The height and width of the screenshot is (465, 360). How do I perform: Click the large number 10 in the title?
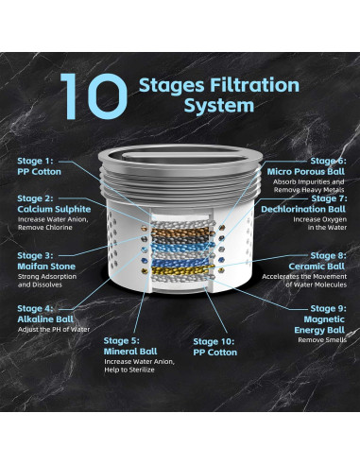click(x=94, y=96)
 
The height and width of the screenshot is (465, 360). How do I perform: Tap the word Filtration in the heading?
click(x=252, y=85)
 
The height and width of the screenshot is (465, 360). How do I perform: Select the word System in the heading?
click(x=219, y=106)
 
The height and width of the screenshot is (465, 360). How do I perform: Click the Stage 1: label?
click(x=35, y=161)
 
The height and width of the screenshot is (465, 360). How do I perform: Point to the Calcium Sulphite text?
click(x=54, y=209)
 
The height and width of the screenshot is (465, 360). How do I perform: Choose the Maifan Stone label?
click(x=46, y=267)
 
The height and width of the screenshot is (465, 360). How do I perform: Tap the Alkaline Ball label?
click(x=45, y=319)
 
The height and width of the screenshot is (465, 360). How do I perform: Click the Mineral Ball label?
click(x=130, y=352)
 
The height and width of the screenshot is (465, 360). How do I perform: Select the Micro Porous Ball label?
click(x=306, y=172)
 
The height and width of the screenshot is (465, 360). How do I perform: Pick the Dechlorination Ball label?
click(x=303, y=209)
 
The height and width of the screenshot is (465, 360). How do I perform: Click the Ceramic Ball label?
click(x=317, y=267)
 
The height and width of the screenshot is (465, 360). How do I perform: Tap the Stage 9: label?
click(x=328, y=308)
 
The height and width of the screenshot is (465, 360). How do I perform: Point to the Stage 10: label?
click(x=214, y=341)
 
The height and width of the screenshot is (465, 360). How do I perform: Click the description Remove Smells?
click(x=322, y=340)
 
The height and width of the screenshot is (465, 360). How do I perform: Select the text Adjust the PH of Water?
click(x=54, y=330)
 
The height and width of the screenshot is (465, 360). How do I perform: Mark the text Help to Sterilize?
click(x=129, y=370)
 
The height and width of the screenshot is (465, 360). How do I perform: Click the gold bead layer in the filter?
click(x=182, y=270)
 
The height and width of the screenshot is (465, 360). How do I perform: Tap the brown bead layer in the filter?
click(x=182, y=232)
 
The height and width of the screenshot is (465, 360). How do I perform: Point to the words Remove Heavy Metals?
click(x=309, y=190)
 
